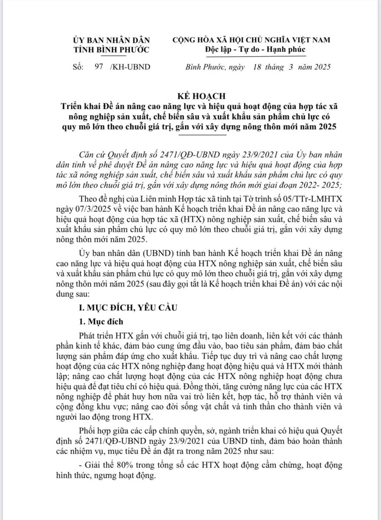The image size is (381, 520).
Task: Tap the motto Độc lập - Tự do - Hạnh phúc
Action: pyautogui.click(x=255, y=49)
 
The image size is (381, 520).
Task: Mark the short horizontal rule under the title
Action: pyautogui.click(x=205, y=135)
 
